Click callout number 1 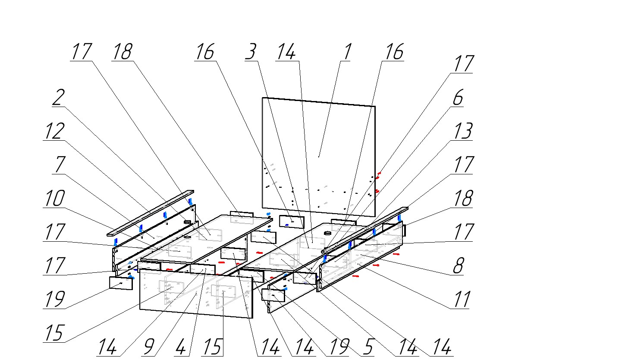click(x=347, y=52)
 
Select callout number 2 click(x=58, y=98)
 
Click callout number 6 click(x=458, y=98)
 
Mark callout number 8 click(x=458, y=266)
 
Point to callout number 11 click(x=460, y=299)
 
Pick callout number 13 click(x=462, y=131)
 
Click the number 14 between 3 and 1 click(x=286, y=52)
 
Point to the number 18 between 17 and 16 click(x=122, y=52)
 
